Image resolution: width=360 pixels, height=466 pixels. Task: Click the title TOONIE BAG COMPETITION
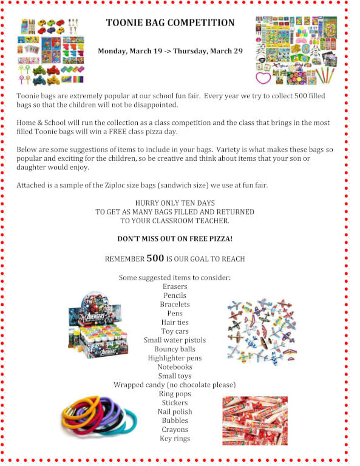[170, 23]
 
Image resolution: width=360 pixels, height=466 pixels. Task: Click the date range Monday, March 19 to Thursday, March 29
[170, 51]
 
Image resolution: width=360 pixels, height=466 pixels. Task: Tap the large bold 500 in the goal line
[155, 258]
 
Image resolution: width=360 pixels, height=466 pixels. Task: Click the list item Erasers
[175, 286]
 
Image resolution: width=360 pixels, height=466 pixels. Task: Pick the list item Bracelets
[175, 304]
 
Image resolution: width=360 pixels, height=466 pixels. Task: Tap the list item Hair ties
[175, 322]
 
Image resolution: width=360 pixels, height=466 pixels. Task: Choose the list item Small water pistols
[175, 340]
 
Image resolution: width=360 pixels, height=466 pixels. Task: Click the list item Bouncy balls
[175, 349]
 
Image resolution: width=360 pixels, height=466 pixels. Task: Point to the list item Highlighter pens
[175, 358]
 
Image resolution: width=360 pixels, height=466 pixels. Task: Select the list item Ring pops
[175, 394]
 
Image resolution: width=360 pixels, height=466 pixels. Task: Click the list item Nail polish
[175, 411]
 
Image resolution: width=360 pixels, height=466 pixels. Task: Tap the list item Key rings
[175, 438]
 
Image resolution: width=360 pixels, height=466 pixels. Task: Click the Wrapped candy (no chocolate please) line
[175, 385]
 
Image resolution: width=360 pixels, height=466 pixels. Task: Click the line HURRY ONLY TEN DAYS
[175, 203]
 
